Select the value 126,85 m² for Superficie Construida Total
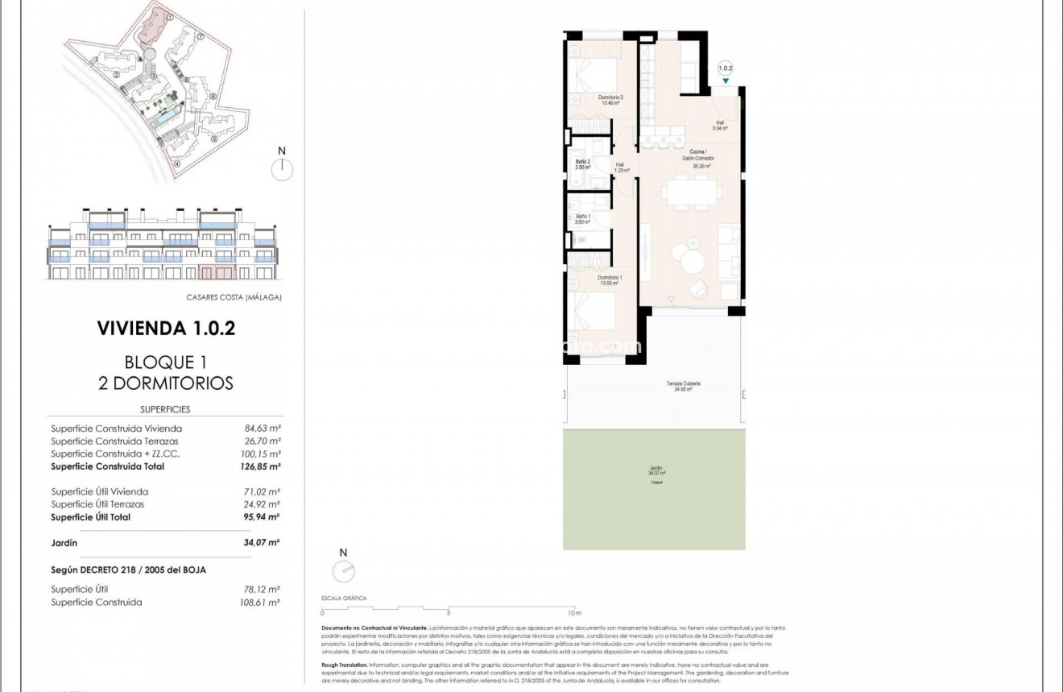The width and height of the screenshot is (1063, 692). [262, 466]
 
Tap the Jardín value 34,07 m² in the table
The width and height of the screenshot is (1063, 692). [262, 543]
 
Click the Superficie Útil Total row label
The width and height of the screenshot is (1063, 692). [90, 517]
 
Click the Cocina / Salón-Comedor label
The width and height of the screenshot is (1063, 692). [697, 155]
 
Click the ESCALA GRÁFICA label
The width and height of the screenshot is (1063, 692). [343, 599]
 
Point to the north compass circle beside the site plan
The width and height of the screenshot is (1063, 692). [282, 170]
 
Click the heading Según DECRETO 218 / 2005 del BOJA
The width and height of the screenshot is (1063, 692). [128, 570]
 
